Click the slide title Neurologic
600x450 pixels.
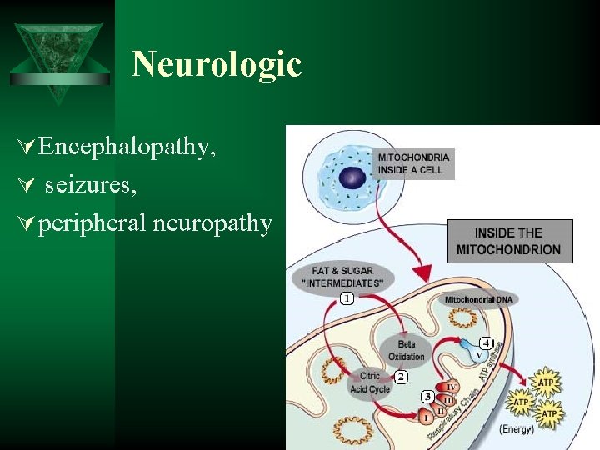217,64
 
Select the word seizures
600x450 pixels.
91,184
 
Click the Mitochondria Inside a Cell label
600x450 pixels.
414,163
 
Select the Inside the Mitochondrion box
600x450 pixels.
509,241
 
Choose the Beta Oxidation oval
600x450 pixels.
406,351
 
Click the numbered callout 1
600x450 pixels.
346,297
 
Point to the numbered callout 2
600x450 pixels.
401,377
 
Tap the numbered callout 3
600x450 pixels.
427,397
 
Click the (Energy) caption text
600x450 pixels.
517,429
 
